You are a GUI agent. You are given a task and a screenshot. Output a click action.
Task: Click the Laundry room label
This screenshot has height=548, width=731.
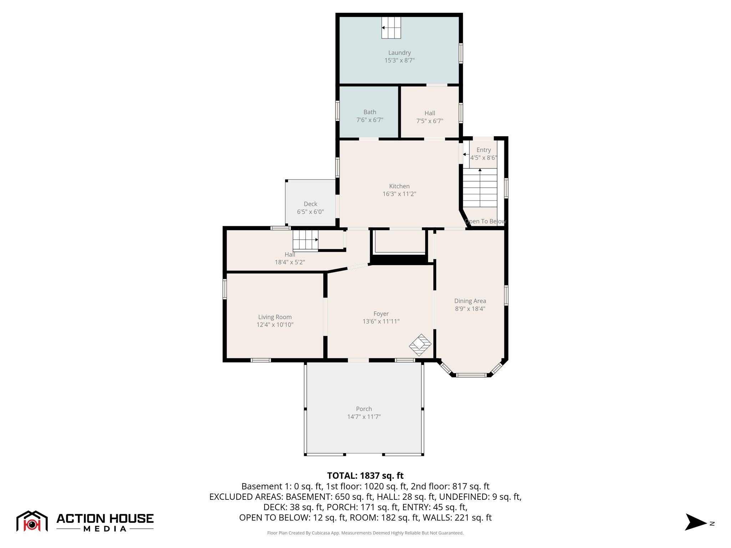point(399,53)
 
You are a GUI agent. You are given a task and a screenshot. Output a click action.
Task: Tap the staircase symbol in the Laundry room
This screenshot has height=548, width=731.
point(391,27)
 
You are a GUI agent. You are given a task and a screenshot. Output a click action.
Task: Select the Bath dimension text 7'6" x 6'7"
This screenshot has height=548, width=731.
point(370,120)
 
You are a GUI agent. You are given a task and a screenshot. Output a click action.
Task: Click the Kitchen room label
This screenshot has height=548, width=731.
point(399,186)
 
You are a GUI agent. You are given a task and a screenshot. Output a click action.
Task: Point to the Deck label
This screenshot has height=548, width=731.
point(310,204)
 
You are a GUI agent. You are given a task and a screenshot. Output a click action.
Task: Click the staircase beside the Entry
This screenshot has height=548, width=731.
point(480,188)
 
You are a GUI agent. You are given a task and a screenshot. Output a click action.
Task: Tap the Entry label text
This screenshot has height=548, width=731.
point(484,150)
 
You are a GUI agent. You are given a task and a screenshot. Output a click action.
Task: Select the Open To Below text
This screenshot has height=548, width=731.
point(485,222)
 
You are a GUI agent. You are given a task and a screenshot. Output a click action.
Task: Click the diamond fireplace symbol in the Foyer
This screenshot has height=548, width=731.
point(420,345)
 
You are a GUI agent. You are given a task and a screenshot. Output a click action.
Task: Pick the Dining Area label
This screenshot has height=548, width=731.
point(470,301)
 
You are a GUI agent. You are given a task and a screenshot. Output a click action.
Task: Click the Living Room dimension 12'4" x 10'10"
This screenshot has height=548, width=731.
point(275,325)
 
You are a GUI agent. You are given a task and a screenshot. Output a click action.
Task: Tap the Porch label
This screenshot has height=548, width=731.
point(364,409)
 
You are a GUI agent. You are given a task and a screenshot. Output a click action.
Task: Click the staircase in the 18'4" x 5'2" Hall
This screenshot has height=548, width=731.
point(305,240)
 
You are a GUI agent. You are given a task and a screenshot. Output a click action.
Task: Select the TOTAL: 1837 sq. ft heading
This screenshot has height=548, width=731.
point(365,476)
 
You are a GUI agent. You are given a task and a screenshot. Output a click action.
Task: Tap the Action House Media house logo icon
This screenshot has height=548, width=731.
point(32,522)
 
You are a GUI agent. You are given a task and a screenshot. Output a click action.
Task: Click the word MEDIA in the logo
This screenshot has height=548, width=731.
point(105,529)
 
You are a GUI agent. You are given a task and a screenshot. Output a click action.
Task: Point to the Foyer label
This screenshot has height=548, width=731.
point(381,314)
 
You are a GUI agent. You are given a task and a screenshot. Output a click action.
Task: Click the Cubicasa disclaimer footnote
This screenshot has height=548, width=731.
point(365,533)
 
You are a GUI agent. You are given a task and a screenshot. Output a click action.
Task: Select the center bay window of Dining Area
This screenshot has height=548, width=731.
point(471,375)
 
